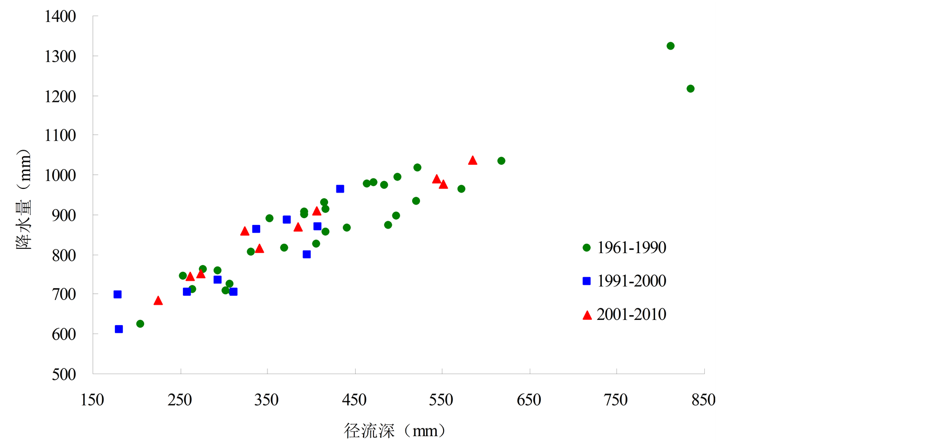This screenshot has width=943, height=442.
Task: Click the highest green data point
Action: (670, 46)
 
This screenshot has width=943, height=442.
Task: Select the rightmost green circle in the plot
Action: (690, 89)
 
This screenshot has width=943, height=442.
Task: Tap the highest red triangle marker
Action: (473, 161)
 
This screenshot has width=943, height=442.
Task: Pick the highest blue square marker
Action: (340, 189)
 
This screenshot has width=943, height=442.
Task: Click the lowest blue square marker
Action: (119, 329)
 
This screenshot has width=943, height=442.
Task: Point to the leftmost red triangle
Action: (158, 301)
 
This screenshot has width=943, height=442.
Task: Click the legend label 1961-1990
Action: (632, 247)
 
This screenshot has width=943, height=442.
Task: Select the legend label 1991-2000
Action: (632, 281)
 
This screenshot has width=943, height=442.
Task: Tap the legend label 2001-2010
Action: (632, 314)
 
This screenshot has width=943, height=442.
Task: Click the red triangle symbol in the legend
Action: (587, 315)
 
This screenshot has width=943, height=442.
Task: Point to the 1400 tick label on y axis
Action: (60, 16)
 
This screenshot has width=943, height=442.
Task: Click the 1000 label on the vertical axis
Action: (60, 175)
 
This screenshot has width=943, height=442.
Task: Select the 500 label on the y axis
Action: (64, 374)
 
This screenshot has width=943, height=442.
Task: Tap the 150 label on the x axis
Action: (92, 400)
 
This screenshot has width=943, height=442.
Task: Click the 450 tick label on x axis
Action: (354, 400)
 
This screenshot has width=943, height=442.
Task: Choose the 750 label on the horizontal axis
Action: (615, 400)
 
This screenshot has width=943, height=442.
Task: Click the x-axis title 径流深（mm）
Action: (395, 431)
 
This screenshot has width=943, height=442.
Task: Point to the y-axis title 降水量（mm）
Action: (24, 199)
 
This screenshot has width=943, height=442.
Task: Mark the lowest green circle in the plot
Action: (140, 324)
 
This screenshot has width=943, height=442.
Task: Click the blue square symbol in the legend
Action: (587, 281)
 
